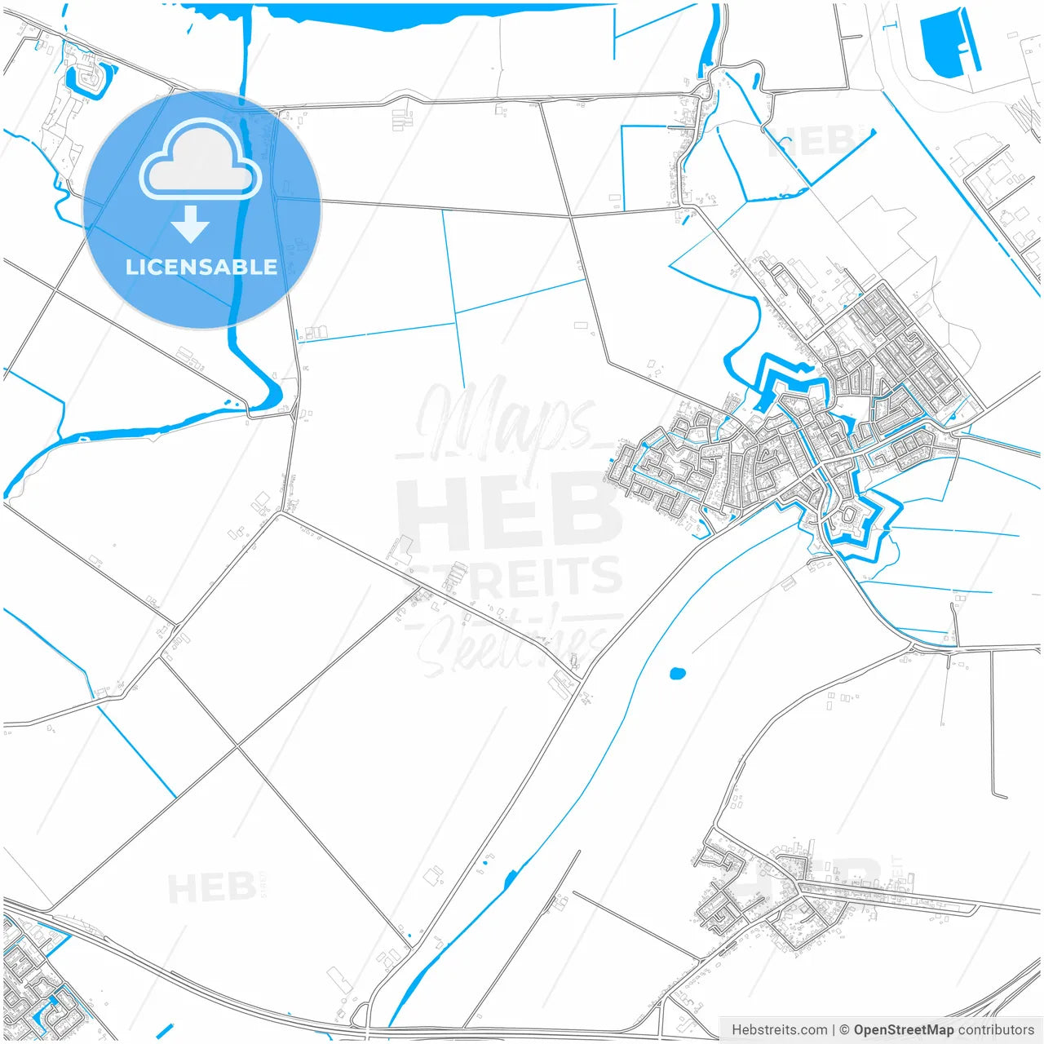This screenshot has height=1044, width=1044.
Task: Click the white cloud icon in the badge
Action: pyautogui.click(x=201, y=160)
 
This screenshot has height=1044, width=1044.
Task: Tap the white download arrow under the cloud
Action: pyautogui.click(x=191, y=224)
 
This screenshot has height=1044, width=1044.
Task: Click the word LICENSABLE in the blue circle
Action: pyautogui.click(x=201, y=267)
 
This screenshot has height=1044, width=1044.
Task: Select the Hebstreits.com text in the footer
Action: pyautogui.click(x=780, y=1030)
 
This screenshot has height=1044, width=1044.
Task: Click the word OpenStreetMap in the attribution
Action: pyautogui.click(x=903, y=1030)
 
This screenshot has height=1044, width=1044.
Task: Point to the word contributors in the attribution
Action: pyautogui.click(x=995, y=1030)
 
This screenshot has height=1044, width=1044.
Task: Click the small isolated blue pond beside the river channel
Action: pyautogui.click(x=677, y=674)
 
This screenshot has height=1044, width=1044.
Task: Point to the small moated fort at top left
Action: pyautogui.click(x=87, y=78)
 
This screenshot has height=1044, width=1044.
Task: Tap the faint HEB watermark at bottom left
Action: pyautogui.click(x=210, y=887)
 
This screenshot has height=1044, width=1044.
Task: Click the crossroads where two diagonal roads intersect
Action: pyautogui.click(x=237, y=746)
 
